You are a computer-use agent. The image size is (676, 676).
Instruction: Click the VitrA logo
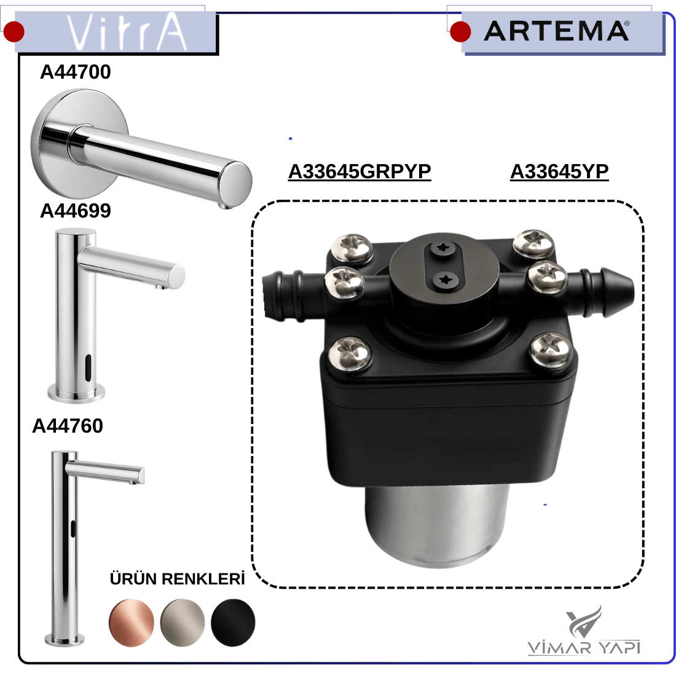[x=127, y=31]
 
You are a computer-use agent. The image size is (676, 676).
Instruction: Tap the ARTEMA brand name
[x=556, y=31]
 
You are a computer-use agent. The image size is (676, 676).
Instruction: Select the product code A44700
[x=76, y=71]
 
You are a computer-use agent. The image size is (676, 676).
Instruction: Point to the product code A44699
[x=76, y=210]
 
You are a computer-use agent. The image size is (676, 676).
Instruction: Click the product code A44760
[x=68, y=425]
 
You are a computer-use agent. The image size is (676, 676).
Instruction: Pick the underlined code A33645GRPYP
[x=360, y=171]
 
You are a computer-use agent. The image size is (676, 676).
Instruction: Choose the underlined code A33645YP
[x=560, y=171]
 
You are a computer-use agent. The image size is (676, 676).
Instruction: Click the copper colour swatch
[x=132, y=623]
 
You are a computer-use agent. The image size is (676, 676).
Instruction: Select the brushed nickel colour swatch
[x=183, y=623]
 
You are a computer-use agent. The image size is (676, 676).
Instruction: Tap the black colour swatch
[x=234, y=623]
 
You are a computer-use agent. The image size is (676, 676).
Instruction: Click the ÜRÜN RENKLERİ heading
[x=177, y=578]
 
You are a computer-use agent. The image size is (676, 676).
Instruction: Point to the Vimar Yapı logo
[x=584, y=631]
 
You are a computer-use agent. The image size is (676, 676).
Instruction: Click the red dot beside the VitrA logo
[x=14, y=31]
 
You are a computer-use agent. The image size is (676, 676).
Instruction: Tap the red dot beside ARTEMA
[x=460, y=31]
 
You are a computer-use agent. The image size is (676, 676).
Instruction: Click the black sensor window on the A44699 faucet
[x=88, y=367]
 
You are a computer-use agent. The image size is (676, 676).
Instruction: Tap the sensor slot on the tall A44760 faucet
[x=73, y=528]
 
